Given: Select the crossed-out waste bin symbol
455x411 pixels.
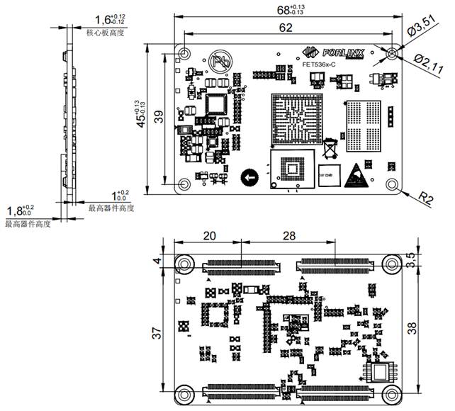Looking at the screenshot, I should point(330,150).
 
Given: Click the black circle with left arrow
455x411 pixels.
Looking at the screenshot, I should point(249,176).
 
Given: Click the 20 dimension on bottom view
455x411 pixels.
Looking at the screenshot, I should point(210,236).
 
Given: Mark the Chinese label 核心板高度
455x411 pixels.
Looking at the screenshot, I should point(105,33).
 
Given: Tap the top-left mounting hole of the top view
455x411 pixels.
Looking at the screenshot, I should point(184,54).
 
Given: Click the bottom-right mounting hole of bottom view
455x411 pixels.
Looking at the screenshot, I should point(391,395).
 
